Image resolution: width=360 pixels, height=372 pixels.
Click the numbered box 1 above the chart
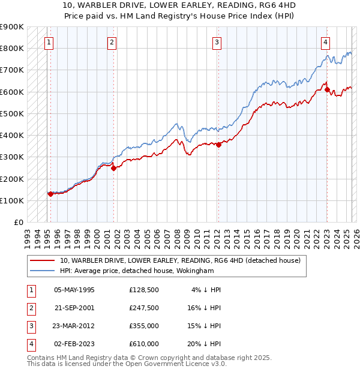[49, 42]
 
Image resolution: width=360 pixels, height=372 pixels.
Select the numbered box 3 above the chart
[217, 42]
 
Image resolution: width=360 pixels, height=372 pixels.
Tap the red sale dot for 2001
[113, 169]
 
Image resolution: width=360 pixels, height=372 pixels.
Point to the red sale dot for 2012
[219, 145]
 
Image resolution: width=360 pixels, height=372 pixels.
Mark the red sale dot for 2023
[327, 89]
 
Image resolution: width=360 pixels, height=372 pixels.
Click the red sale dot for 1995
[50, 194]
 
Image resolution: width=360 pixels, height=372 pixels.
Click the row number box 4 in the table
[29, 344]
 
